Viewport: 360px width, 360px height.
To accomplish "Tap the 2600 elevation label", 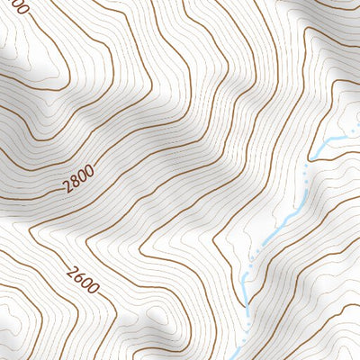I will coord(83,280).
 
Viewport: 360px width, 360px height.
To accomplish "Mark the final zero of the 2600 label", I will coord(94,291).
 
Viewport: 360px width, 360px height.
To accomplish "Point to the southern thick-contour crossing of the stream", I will coord(246,310).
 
